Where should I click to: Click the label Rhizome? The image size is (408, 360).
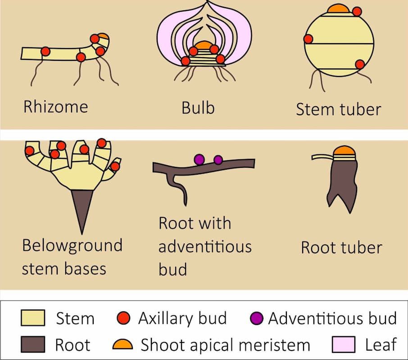[x=55, y=107]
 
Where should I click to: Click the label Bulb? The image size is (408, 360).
[x=198, y=108]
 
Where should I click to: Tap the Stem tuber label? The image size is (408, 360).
[x=339, y=109]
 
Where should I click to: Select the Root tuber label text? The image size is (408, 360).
[x=341, y=247]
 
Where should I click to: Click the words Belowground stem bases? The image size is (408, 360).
[x=72, y=257]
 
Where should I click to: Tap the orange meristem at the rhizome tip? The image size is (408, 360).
[x=103, y=36]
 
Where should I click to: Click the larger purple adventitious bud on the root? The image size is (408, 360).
[x=199, y=159]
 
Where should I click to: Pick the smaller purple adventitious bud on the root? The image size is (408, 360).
[x=218, y=160]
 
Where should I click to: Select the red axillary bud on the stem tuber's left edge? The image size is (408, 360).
[x=308, y=39]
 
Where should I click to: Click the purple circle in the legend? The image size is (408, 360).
[x=256, y=318]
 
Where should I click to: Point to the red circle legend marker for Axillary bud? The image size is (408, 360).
[x=124, y=318]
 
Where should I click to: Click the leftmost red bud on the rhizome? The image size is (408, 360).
[x=45, y=52]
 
